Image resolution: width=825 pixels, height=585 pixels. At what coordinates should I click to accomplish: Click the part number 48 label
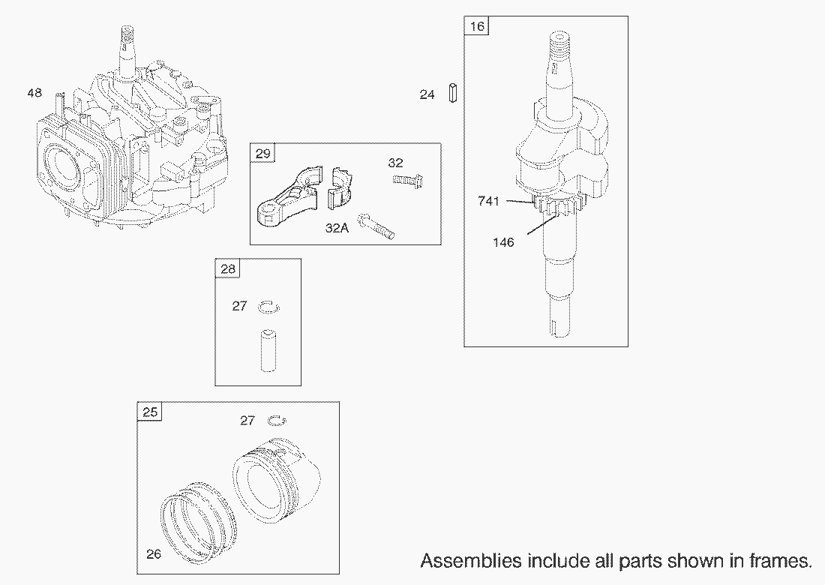[x=34, y=93]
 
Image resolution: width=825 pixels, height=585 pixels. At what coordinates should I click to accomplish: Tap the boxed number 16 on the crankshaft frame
[x=477, y=27]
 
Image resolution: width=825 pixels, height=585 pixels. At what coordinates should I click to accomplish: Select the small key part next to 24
[x=454, y=94]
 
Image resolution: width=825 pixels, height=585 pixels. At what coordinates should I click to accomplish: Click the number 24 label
[x=427, y=95]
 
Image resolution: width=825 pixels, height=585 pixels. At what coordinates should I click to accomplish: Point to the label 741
[x=488, y=200]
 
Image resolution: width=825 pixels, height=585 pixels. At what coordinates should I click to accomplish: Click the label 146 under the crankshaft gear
[x=504, y=242]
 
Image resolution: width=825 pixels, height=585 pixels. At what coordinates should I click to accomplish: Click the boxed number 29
[x=262, y=154]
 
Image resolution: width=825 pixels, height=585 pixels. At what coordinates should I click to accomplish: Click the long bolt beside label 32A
[x=377, y=226]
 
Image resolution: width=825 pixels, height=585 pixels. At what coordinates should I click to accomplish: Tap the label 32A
[x=337, y=228]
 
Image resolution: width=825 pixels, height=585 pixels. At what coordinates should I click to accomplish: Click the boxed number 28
[x=227, y=269]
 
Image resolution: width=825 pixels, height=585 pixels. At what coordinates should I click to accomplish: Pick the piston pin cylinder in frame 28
[x=268, y=349]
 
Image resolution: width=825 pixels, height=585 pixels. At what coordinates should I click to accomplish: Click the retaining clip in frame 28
[x=268, y=307]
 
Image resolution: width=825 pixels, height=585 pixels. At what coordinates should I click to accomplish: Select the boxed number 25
[x=150, y=412]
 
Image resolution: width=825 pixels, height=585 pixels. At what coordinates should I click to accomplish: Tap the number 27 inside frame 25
[x=247, y=421]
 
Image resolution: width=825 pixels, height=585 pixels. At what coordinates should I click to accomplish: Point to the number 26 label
[x=154, y=555]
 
